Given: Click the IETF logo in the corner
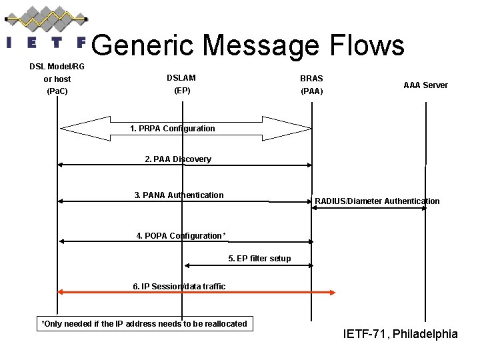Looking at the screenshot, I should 45,29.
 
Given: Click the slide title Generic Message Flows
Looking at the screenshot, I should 247,45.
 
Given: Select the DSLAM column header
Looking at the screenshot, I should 181,78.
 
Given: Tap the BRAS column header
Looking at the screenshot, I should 311,78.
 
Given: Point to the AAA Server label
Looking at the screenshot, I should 425,85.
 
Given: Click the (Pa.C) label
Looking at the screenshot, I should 57,91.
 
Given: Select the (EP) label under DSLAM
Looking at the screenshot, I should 181,90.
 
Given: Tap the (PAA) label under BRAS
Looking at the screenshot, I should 311,91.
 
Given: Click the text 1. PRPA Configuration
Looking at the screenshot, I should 173,128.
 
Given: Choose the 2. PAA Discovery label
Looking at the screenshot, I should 178,159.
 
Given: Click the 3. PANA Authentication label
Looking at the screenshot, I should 179,195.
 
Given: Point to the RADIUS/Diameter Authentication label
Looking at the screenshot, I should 377,201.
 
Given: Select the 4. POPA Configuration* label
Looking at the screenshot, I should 181,235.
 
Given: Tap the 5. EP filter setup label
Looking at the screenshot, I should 259,258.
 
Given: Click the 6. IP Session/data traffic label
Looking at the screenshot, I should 179,286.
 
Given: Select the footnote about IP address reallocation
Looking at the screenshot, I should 144,324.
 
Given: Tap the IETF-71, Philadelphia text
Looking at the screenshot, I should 400,333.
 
